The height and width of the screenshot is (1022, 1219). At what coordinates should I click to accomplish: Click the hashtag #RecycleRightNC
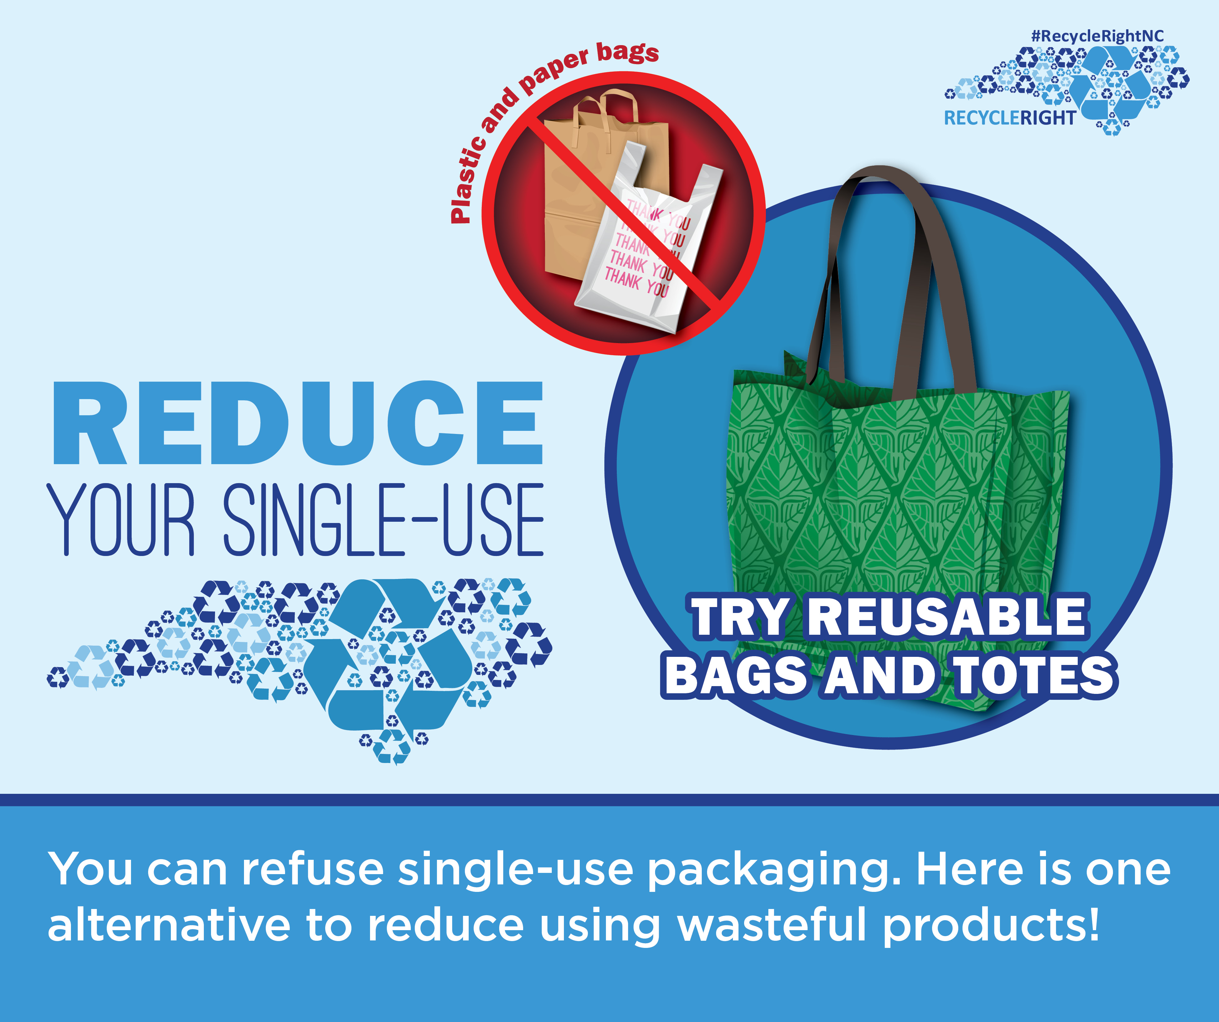[x=1097, y=36]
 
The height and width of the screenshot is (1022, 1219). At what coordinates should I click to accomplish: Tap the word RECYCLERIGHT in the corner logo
[x=1010, y=118]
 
